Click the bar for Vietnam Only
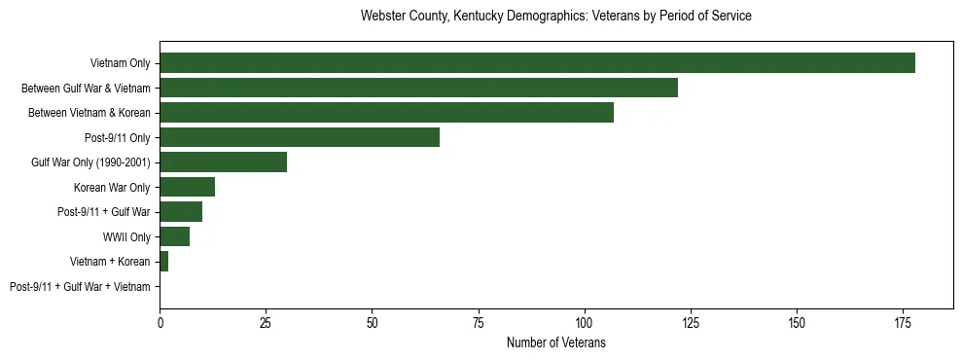pos(537,63)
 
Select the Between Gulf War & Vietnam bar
pos(418,88)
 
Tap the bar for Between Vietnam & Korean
pos(386,113)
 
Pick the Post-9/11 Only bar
pos(299,137)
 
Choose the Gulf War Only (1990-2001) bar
pos(223,162)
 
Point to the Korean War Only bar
pos(187,187)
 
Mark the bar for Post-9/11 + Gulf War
pos(181,212)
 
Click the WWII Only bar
pos(174,236)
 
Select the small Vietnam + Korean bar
pos(163,262)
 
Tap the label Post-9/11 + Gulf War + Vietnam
pos(80,287)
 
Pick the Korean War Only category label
pos(113,188)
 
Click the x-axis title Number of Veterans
pos(555,342)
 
